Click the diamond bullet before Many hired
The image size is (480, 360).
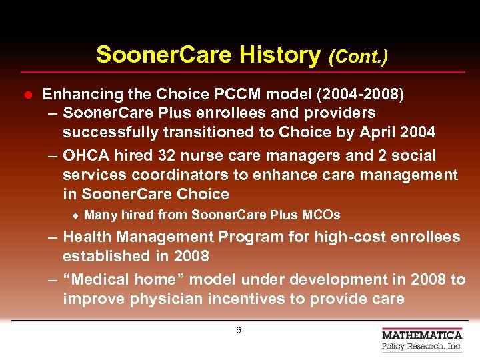[x=76, y=215]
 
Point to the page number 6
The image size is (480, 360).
[x=239, y=331]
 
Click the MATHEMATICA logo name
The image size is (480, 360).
[x=422, y=335]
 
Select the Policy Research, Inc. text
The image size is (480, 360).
[x=422, y=347]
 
